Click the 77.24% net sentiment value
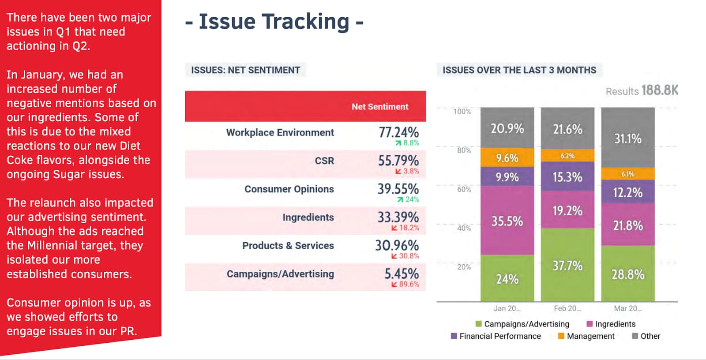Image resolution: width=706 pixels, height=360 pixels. [398, 132]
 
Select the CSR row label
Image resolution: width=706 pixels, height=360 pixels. [324, 161]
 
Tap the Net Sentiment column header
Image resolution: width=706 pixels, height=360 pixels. [379, 107]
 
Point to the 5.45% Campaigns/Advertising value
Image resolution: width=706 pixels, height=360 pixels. [401, 274]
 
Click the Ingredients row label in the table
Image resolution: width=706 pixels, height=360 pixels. [308, 217]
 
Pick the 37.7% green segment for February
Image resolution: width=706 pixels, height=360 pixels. [567, 266]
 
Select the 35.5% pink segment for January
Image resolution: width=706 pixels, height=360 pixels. [507, 221]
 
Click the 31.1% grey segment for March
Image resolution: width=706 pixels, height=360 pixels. [627, 139]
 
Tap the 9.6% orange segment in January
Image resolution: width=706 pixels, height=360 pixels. [507, 158]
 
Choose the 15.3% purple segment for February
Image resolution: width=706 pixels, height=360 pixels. [567, 177]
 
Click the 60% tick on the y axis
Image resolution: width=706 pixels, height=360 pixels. [464, 189]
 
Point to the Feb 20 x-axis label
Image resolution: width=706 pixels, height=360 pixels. [567, 308]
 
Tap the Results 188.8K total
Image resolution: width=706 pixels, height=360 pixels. [641, 91]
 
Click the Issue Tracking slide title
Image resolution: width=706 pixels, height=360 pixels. [274, 22]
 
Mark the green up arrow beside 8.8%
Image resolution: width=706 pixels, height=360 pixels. [398, 143]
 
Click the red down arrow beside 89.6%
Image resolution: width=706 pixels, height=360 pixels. [394, 285]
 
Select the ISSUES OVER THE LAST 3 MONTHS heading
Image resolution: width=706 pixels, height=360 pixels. [519, 70]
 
